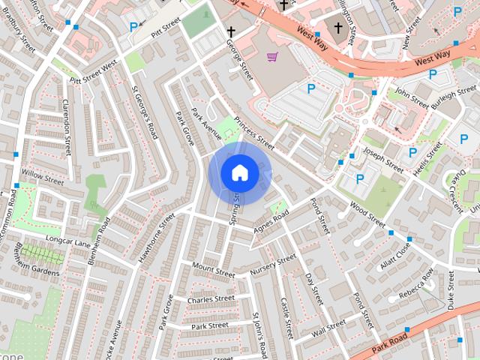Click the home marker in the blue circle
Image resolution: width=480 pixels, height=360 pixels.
pos(239,172)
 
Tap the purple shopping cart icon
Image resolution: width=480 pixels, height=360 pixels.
pos(272,57)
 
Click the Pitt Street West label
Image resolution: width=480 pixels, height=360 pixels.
pos(94,73)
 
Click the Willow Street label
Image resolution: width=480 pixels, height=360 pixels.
pos(43,178)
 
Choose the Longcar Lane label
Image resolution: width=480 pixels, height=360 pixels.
pos(67,241)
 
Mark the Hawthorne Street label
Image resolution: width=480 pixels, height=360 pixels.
pos(156,238)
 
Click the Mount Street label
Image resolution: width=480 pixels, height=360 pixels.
pos(213,269)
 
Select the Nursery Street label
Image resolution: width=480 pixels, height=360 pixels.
pos(273,264)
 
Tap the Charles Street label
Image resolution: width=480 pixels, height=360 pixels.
pos(211,299)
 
